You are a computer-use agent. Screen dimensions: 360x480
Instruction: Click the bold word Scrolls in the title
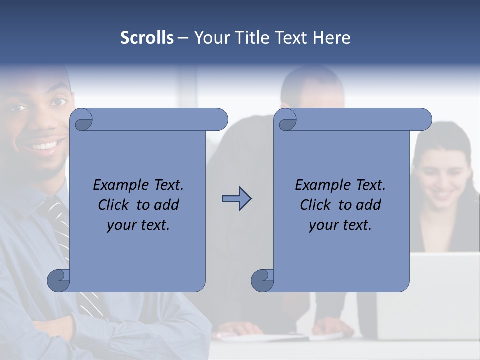point(147,38)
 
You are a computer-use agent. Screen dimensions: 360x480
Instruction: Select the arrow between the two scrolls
point(236,199)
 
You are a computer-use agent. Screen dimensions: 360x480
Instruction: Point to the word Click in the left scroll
point(114,205)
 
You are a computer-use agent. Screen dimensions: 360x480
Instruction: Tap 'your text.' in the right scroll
point(340,225)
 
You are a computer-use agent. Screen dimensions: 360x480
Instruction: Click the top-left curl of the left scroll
point(82,120)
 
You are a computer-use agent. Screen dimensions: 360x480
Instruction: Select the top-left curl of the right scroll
point(286,120)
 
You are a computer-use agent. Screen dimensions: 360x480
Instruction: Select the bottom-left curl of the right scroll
point(262,280)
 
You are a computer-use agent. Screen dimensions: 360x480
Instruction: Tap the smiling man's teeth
point(44,146)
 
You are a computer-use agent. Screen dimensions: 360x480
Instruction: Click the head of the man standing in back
point(312,90)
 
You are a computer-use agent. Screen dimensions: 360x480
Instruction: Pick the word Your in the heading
point(211,38)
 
